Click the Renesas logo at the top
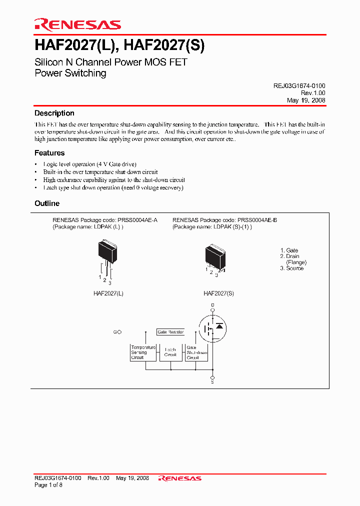pyautogui.click(x=77, y=24)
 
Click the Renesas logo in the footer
pyautogui.click(x=180, y=478)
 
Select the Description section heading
pyautogui.click(x=54, y=113)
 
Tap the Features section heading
pyautogui.click(x=49, y=153)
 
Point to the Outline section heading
pyautogui.click(x=47, y=203)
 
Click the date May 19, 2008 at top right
pyautogui.click(x=306, y=100)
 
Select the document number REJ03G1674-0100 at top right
pyautogui.click(x=299, y=86)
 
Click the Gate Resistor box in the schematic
pyautogui.click(x=170, y=332)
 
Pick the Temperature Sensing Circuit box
pyautogui.click(x=142, y=352)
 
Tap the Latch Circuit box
pyautogui.click(x=170, y=352)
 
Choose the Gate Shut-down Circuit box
pyautogui.click(x=196, y=352)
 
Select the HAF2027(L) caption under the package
pyautogui.click(x=108, y=293)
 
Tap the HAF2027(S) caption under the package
pyautogui.click(x=218, y=293)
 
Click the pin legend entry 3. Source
pyautogui.click(x=291, y=268)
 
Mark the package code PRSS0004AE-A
pyautogui.click(x=137, y=220)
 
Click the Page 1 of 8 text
pyautogui.click(x=48, y=485)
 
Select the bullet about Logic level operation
pyautogui.click(x=89, y=164)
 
